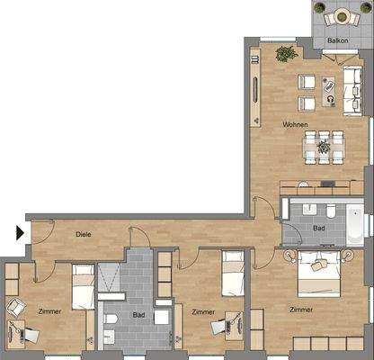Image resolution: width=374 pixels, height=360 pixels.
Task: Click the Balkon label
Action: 337,40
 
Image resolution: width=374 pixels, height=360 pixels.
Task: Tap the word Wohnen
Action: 296,124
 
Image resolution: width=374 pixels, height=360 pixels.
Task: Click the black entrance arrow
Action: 20,232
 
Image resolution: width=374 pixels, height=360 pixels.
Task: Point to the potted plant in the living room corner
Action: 286,54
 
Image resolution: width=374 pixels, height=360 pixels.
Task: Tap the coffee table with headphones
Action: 330,97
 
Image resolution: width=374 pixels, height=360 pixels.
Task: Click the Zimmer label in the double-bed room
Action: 302,309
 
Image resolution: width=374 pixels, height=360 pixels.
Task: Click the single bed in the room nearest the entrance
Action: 83,285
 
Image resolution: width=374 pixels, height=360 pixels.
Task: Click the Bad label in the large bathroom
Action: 138,315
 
